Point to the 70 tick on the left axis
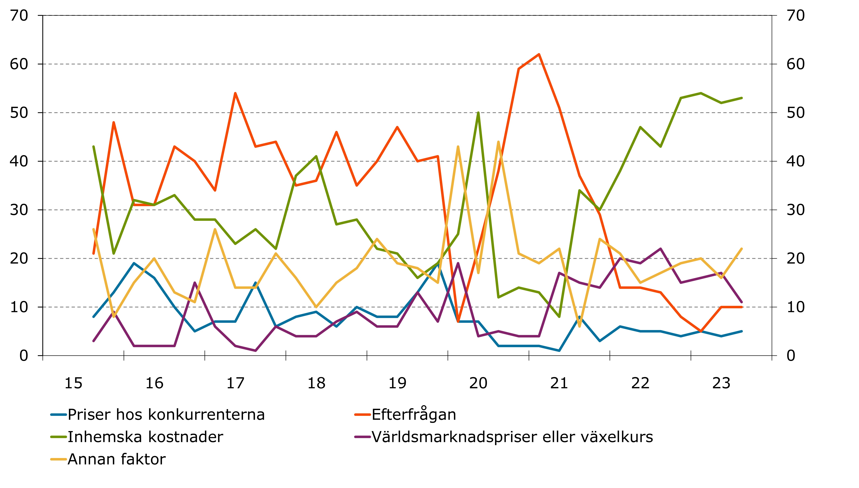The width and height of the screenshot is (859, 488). coord(19,15)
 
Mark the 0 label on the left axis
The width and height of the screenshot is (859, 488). coord(23,356)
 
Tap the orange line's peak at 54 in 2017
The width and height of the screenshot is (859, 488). coord(235,93)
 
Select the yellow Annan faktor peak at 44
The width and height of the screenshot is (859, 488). coord(498,142)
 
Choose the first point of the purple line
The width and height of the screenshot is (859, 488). coord(93,341)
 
